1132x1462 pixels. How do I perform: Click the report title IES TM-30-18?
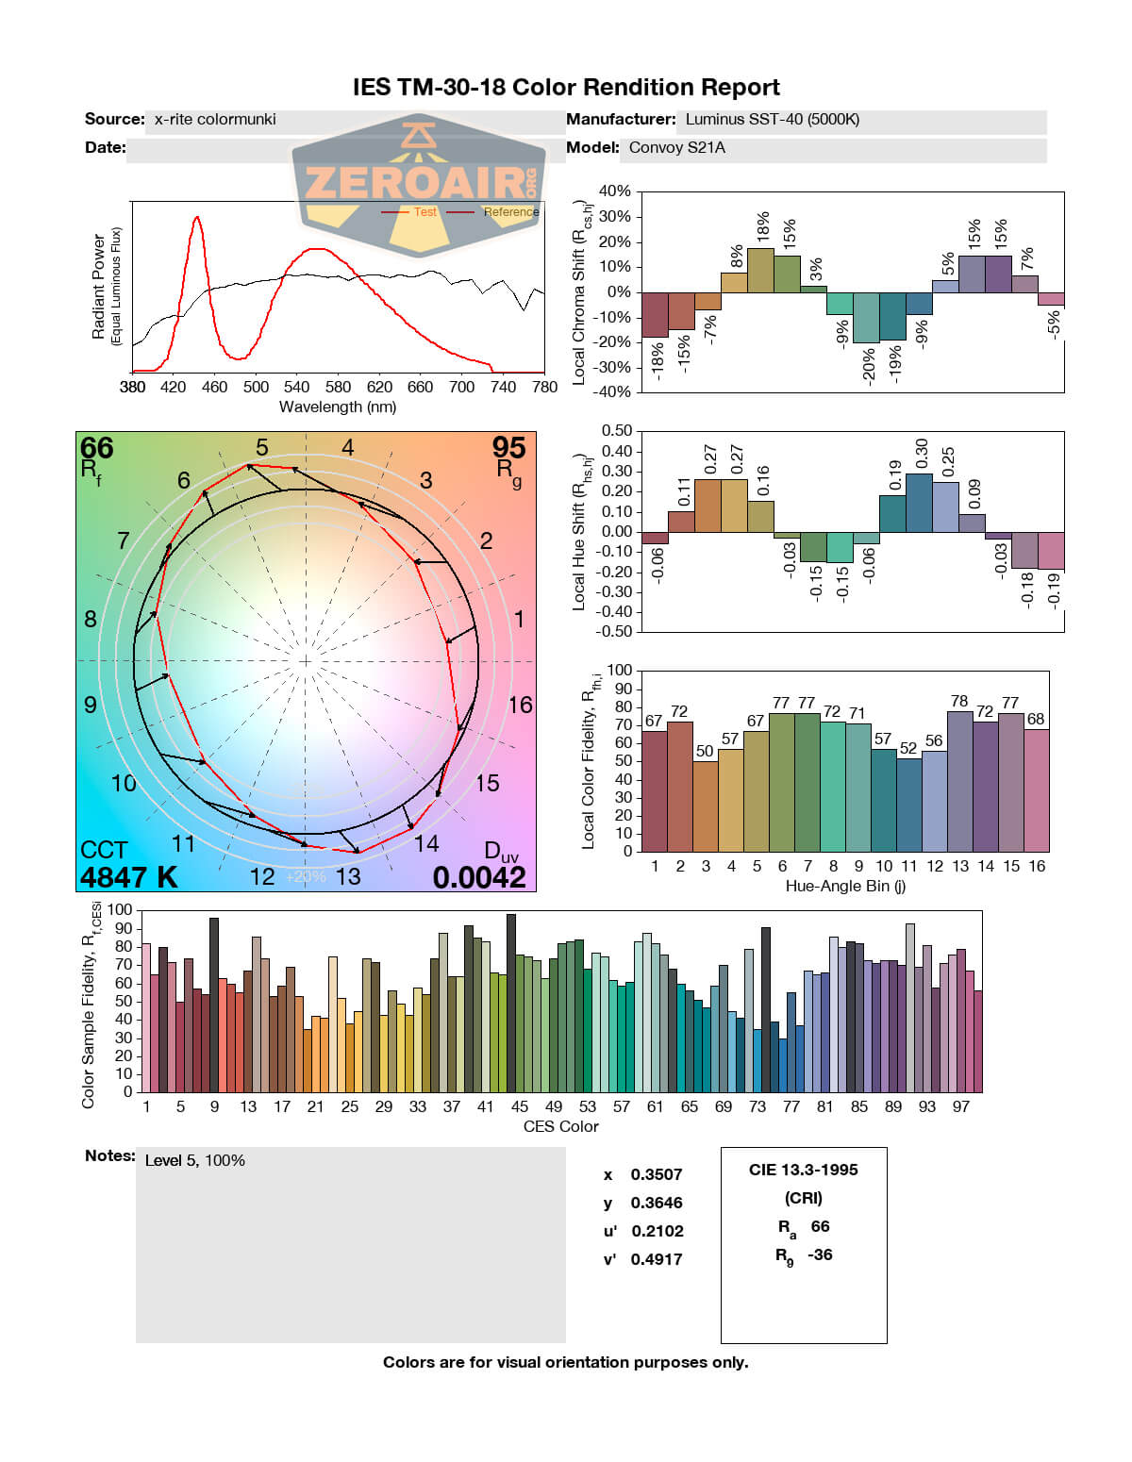(x=566, y=88)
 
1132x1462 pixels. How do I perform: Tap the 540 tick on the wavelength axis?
(x=297, y=387)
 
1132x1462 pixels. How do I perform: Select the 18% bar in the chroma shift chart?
(x=761, y=270)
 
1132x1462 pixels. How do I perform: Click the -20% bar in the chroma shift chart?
(x=866, y=318)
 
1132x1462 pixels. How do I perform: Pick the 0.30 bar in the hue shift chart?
(x=919, y=503)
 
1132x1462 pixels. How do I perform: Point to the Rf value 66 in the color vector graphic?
(x=96, y=448)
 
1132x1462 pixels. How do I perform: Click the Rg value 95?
(x=508, y=448)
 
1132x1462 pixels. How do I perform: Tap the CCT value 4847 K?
(x=128, y=877)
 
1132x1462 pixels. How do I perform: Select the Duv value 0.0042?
(x=479, y=877)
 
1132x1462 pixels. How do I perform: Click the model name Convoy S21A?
(x=677, y=148)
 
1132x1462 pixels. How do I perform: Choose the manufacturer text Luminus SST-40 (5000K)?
(x=773, y=120)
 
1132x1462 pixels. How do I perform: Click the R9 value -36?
(x=820, y=1254)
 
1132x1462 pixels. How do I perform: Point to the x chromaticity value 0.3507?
(x=657, y=1174)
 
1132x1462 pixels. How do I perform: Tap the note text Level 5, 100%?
(x=195, y=1160)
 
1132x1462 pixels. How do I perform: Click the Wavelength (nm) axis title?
(x=338, y=407)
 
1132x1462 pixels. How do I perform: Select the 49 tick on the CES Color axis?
(x=554, y=1106)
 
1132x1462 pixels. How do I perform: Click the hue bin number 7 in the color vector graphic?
(x=124, y=540)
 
